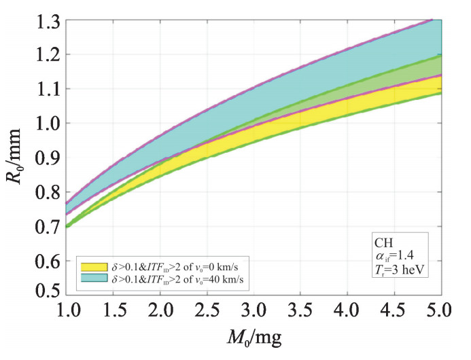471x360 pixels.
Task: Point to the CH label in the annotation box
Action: click(383, 242)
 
